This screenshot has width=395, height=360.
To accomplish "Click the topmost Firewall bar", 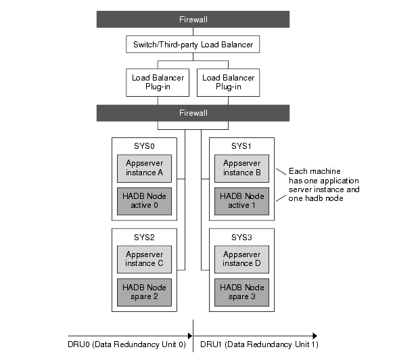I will (193, 20).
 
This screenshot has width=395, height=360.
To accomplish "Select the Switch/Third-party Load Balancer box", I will (193, 45).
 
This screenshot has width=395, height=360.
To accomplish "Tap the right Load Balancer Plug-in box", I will (229, 82).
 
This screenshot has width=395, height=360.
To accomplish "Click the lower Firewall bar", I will (193, 112).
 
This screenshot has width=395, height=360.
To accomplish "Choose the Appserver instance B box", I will (241, 168).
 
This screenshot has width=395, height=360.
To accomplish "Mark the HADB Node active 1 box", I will (241, 201).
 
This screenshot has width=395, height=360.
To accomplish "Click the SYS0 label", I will (145, 146).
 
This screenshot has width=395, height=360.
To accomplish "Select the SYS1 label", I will (241, 146).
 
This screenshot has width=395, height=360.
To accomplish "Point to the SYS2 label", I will (145, 238).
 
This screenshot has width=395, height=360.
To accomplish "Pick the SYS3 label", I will (241, 238).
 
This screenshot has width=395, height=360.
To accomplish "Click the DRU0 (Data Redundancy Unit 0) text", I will (126, 345).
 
